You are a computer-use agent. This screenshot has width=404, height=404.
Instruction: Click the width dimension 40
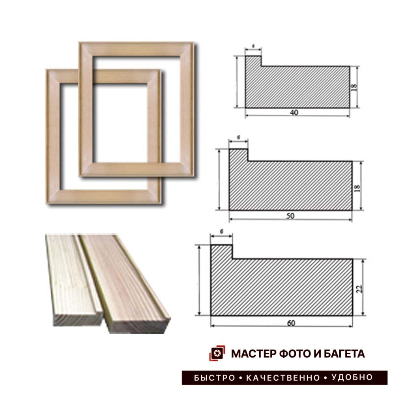click(x=294, y=112)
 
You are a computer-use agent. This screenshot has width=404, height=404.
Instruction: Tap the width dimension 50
click(x=290, y=216)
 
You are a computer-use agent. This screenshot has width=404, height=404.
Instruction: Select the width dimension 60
click(x=291, y=323)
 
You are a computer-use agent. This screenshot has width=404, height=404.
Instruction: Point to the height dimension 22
click(x=359, y=288)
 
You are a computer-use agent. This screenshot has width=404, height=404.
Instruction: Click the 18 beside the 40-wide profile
click(x=354, y=87)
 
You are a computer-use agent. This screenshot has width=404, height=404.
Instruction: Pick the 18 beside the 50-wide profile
click(x=357, y=187)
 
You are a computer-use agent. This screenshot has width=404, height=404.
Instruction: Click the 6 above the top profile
click(x=253, y=46)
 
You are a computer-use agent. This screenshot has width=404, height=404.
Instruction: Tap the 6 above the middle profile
click(x=239, y=138)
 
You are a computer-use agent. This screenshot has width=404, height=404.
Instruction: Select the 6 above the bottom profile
click(x=222, y=231)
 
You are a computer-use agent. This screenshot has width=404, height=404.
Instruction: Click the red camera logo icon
click(x=217, y=353)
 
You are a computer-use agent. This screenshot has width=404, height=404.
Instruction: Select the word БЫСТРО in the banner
click(x=215, y=378)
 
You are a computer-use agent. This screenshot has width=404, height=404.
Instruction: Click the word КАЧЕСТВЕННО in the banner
click(x=283, y=378)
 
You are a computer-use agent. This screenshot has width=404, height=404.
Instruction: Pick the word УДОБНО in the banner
click(x=352, y=378)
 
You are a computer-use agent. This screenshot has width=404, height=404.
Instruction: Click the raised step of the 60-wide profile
click(x=222, y=252)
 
